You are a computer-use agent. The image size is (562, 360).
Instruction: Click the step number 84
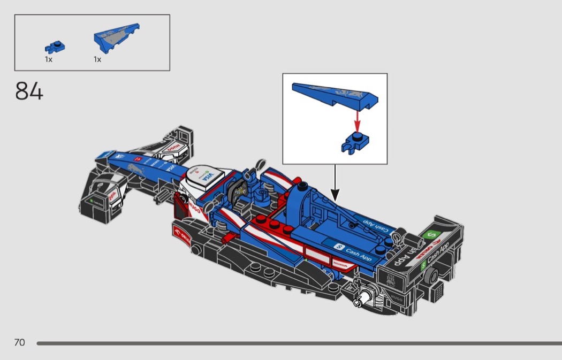pyautogui.click(x=29, y=91)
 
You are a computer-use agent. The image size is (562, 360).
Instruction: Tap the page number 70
pyautogui.click(x=19, y=342)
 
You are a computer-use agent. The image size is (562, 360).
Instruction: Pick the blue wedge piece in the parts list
pyautogui.click(x=116, y=37)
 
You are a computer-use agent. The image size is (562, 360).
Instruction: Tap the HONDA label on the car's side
pyautogui.click(x=340, y=264)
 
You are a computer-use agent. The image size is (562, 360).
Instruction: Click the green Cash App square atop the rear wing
pyautogui.click(x=431, y=235)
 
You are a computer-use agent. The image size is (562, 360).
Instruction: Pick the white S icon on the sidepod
pyautogui.click(x=338, y=246)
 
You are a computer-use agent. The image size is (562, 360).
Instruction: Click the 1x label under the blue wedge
pyautogui.click(x=97, y=59)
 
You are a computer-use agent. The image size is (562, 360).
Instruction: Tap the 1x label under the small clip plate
pyautogui.click(x=49, y=59)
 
